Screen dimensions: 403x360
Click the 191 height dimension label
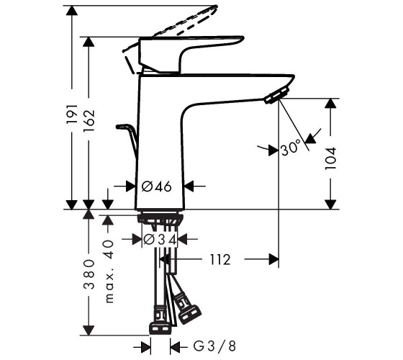point(72,114)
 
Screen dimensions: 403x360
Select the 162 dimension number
point(89,121)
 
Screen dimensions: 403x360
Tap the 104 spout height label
point(330,158)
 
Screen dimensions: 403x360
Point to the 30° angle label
point(291,148)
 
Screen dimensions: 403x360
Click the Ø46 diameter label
point(157,186)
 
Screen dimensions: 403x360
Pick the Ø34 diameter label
point(160,240)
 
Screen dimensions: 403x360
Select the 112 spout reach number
point(220,259)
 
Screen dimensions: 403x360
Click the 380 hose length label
point(89,274)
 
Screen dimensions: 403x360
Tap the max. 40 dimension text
point(109,271)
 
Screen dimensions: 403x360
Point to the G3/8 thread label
point(214,346)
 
